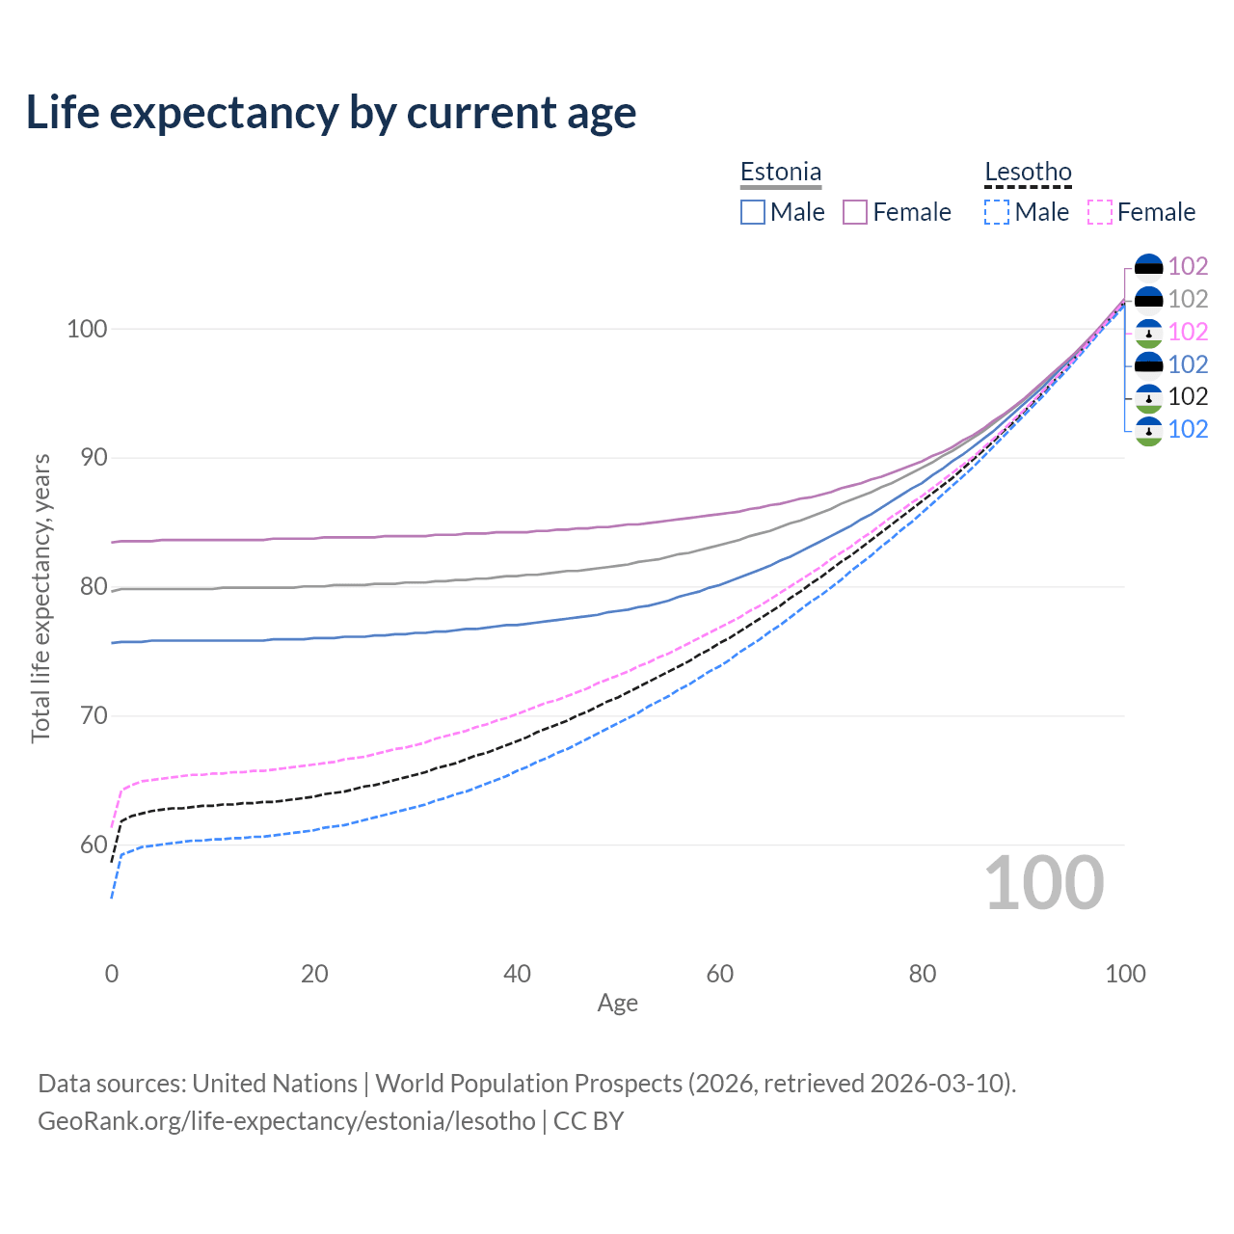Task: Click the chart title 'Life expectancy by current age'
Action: pyautogui.click(x=331, y=113)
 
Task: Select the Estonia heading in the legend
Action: pyautogui.click(x=781, y=173)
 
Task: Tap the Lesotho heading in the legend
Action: pyautogui.click(x=1028, y=173)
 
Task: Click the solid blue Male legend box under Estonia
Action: pyautogui.click(x=753, y=212)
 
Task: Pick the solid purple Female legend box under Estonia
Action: pyautogui.click(x=856, y=212)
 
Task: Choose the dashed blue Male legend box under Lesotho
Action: pyautogui.click(x=997, y=212)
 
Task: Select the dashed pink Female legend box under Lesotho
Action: pyautogui.click(x=1100, y=212)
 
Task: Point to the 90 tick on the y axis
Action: pyautogui.click(x=87, y=458)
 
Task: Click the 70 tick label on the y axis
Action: pyautogui.click(x=87, y=716)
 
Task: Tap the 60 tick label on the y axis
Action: pyautogui.click(x=87, y=845)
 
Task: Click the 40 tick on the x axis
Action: pyautogui.click(x=518, y=974)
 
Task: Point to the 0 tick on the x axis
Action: pyautogui.click(x=112, y=974)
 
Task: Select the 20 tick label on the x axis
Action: pyautogui.click(x=314, y=974)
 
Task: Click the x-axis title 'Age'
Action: pyautogui.click(x=618, y=1004)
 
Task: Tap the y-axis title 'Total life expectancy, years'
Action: pyautogui.click(x=40, y=598)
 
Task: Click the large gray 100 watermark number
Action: pyautogui.click(x=1044, y=884)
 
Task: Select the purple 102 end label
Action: pyautogui.click(x=1188, y=266)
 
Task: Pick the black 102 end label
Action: pyautogui.click(x=1188, y=396)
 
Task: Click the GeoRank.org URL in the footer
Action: pyautogui.click(x=286, y=1121)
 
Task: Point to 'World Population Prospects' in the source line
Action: pyautogui.click(x=528, y=1084)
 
